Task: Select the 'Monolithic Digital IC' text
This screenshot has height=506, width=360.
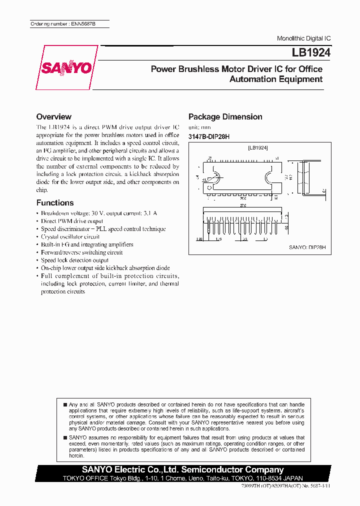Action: tap(303, 38)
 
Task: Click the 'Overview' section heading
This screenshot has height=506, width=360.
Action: tap(54, 116)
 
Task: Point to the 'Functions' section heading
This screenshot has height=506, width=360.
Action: tap(55, 202)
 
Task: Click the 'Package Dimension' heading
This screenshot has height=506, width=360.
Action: tap(225, 116)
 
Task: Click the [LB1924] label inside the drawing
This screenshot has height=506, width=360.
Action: tap(258, 148)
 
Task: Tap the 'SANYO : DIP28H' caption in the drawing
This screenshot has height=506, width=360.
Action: tap(307, 247)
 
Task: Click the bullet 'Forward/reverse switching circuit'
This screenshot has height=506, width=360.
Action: tap(81, 252)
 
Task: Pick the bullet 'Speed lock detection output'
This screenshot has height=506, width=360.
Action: tap(74, 260)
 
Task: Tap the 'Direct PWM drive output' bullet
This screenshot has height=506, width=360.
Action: tap(72, 221)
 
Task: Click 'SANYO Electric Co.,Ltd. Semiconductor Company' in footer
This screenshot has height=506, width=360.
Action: tap(183, 469)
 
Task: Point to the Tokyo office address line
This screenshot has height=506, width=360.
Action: tap(183, 478)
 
